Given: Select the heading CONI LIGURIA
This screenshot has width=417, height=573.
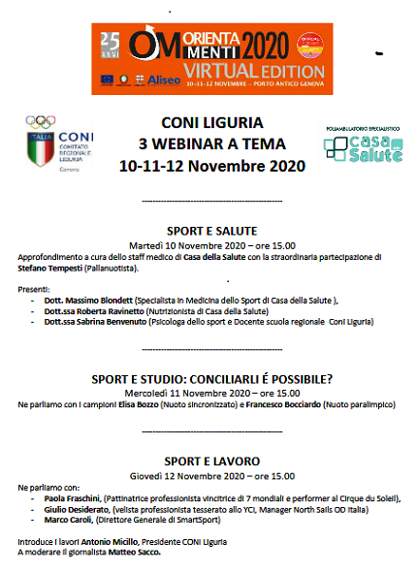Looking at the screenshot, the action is tap(209, 126).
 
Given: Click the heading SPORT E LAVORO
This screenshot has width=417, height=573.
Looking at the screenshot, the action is tap(209, 462).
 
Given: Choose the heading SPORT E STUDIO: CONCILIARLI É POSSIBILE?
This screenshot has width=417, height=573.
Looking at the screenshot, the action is tap(209, 378).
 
